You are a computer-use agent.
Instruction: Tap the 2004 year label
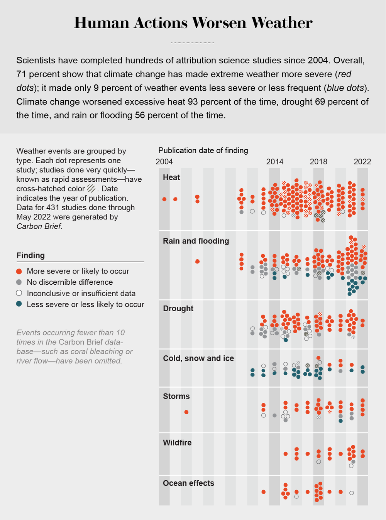coord(164,162)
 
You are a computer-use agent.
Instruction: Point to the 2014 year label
coord(274,162)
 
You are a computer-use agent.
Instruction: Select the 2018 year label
coord(318,162)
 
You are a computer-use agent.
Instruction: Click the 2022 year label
coord(362,162)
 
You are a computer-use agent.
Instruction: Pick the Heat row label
coord(171,177)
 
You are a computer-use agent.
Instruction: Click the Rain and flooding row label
coord(196,241)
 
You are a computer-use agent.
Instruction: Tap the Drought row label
coord(178,309)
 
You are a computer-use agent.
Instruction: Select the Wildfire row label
coord(177,443)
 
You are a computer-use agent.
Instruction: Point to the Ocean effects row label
coord(188,483)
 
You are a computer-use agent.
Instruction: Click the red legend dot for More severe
coord(19,271)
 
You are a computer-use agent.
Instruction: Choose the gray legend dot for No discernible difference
coord(19,282)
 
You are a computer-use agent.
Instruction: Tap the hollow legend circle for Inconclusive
coord(19,293)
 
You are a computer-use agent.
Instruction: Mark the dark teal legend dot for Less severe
coord(19,304)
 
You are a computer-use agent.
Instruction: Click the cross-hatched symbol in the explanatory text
coord(91,189)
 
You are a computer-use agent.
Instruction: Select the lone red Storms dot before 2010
coord(186,412)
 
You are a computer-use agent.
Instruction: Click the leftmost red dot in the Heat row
coord(164,199)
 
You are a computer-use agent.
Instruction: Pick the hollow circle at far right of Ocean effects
coord(352,493)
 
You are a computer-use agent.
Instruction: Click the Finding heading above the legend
coord(30,255)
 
